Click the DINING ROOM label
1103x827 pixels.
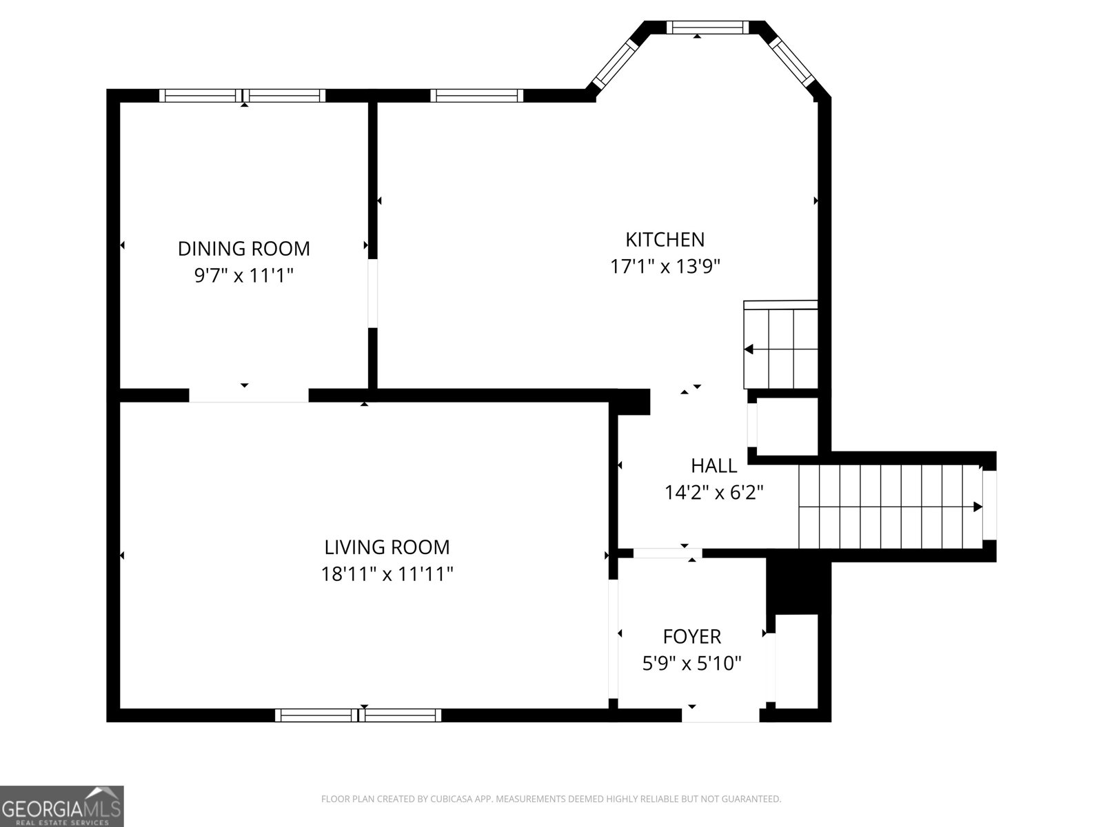(244, 248)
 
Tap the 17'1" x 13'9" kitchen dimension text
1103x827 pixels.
(665, 266)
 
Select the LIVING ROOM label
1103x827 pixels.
(387, 547)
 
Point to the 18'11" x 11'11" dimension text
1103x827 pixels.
(387, 573)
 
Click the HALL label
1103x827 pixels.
(714, 466)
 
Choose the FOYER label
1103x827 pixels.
(691, 636)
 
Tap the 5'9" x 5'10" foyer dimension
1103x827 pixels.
(691, 664)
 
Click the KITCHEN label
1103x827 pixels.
(665, 240)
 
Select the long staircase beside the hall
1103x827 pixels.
(889, 507)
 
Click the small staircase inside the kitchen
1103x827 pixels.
(781, 347)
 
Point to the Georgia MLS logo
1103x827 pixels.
(61, 806)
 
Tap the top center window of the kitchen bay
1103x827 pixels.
(707, 27)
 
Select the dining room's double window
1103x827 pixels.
(242, 96)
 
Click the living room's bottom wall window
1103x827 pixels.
(358, 715)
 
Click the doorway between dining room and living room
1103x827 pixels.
(248, 395)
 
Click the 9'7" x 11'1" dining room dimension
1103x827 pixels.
(244, 276)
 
